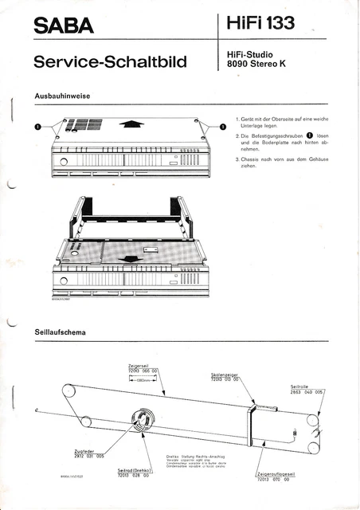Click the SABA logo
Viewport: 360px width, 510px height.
(64, 26)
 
